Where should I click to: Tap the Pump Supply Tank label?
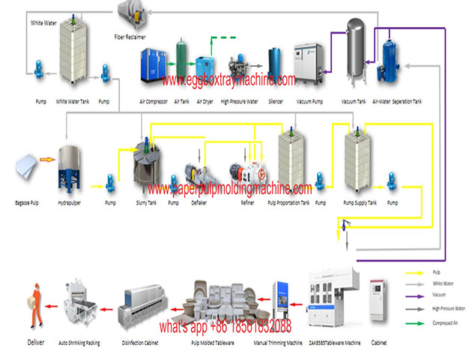(357, 203)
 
